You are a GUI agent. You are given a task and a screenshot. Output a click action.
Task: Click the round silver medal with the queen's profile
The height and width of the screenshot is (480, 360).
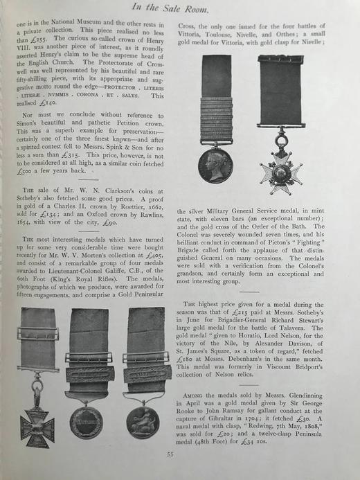pyautogui.click(x=215, y=164)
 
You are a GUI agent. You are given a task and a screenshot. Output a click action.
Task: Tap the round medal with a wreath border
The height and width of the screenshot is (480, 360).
pyautogui.click(x=87, y=421)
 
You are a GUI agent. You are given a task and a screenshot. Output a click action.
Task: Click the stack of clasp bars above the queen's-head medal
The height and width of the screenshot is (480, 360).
pyautogui.click(x=216, y=119)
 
